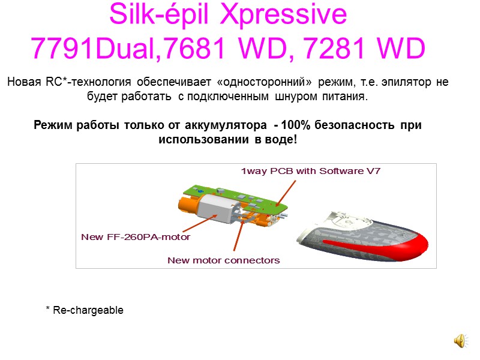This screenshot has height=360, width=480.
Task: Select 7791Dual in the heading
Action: click(x=96, y=47)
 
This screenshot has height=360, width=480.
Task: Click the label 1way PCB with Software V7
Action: click(x=311, y=171)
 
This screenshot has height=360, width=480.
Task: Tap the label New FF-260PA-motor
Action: click(x=136, y=237)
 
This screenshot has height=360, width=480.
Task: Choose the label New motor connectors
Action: click(x=223, y=260)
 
